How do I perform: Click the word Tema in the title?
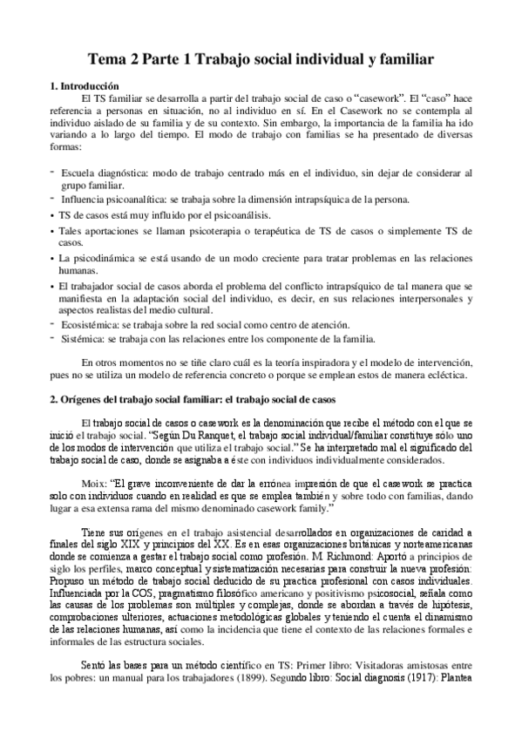(x=109, y=60)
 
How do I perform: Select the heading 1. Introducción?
(x=83, y=87)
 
